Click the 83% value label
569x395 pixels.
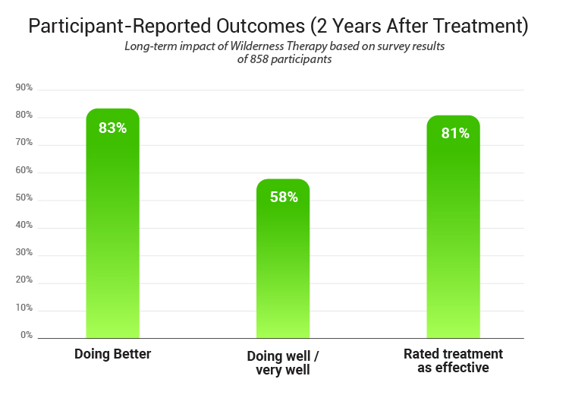[x=112, y=128]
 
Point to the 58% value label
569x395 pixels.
[x=284, y=197]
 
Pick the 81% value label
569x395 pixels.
[x=455, y=134]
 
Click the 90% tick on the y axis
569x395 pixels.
[x=24, y=88]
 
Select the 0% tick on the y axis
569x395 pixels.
[x=27, y=335]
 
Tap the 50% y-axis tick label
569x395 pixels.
[x=24, y=198]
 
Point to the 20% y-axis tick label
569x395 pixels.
[x=24, y=280]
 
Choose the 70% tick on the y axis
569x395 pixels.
[x=24, y=143]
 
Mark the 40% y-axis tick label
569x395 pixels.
[x=24, y=226]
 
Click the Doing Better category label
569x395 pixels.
[x=112, y=354]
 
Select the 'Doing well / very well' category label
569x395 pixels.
[x=283, y=363]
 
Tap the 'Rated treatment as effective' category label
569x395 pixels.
[x=453, y=361]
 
